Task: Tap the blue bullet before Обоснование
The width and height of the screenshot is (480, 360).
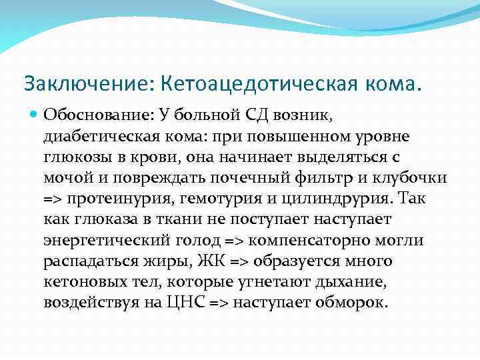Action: [35, 115]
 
